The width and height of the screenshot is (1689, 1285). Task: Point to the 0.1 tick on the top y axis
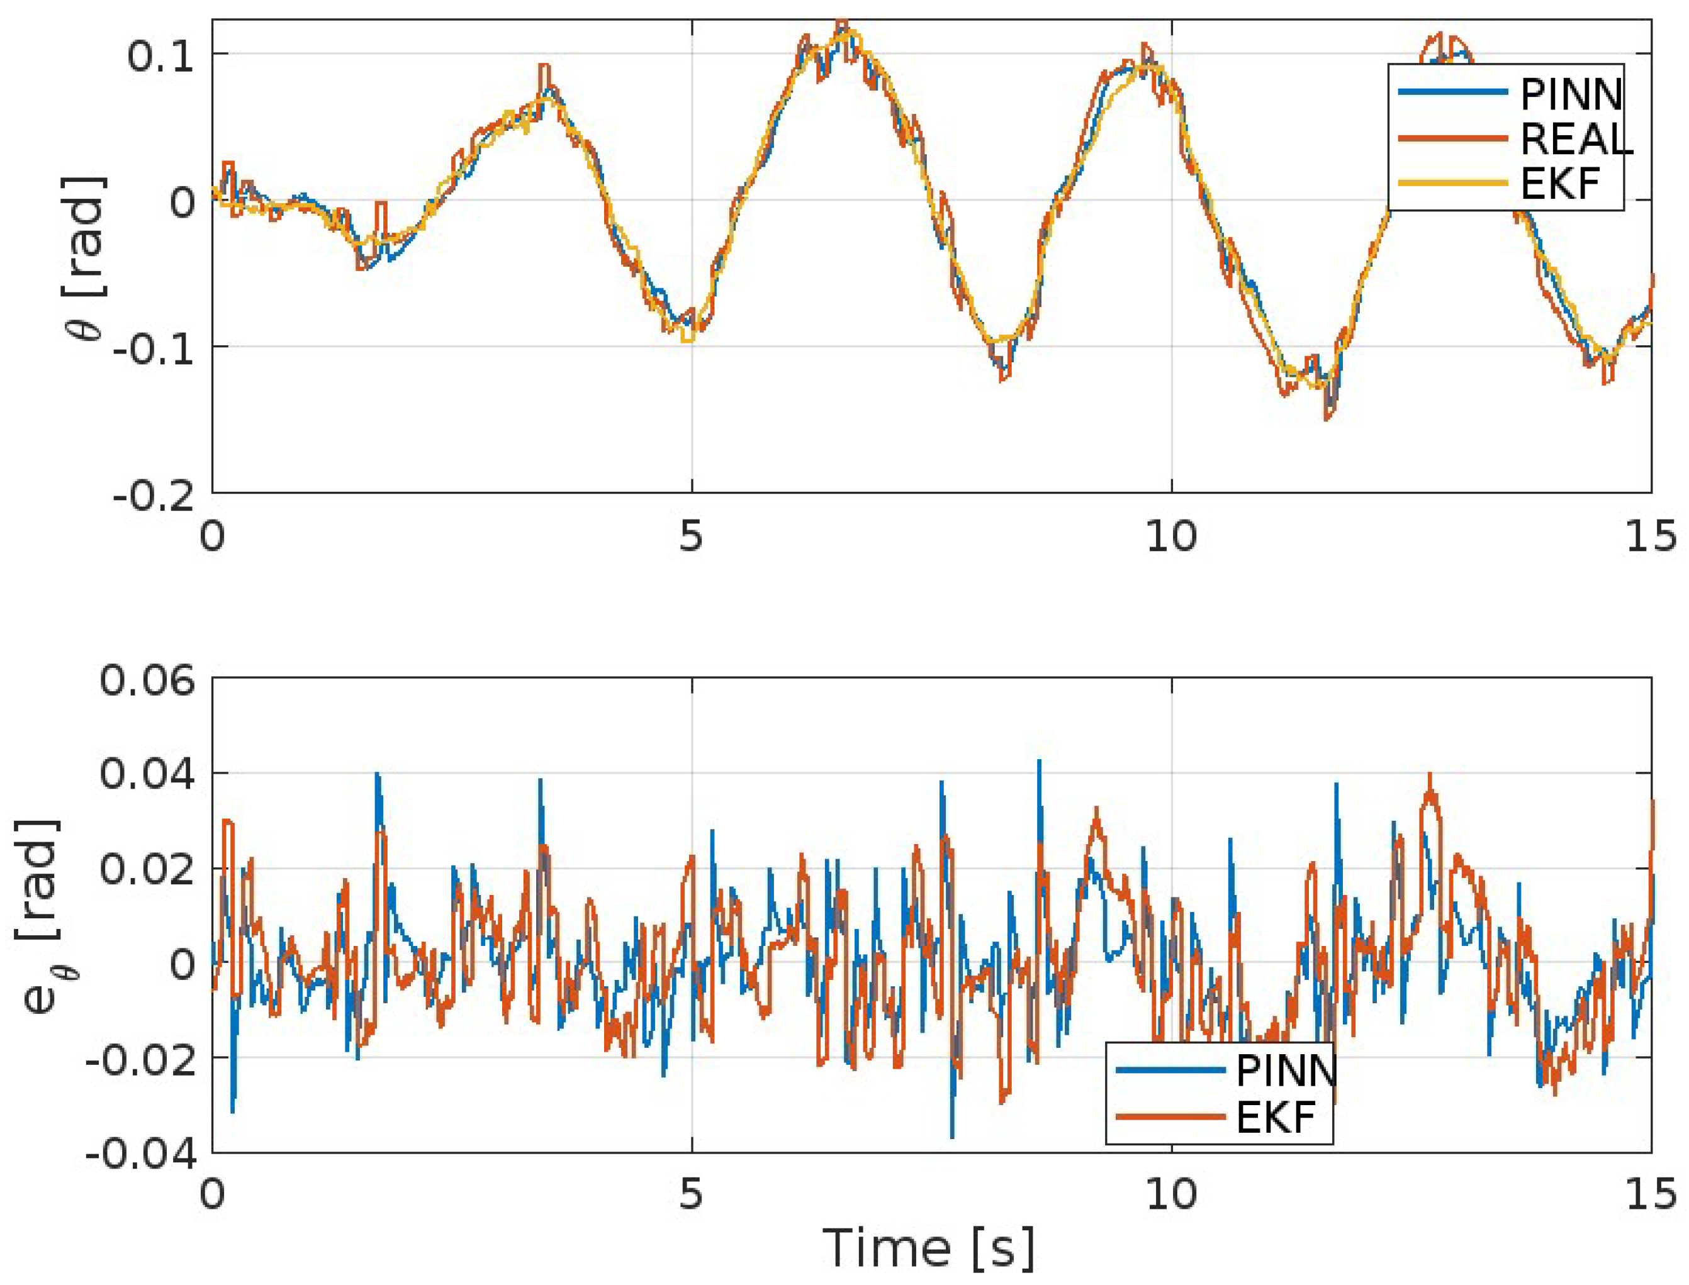click(160, 56)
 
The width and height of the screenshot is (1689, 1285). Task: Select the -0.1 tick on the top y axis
click(154, 350)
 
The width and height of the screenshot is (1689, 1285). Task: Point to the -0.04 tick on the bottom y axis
click(140, 1153)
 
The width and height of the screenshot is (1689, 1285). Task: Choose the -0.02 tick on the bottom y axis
click(140, 1059)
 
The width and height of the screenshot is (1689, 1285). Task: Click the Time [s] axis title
click(928, 1247)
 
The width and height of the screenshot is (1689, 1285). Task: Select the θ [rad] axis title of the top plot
click(86, 258)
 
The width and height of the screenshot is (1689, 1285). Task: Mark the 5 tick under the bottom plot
click(690, 1194)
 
